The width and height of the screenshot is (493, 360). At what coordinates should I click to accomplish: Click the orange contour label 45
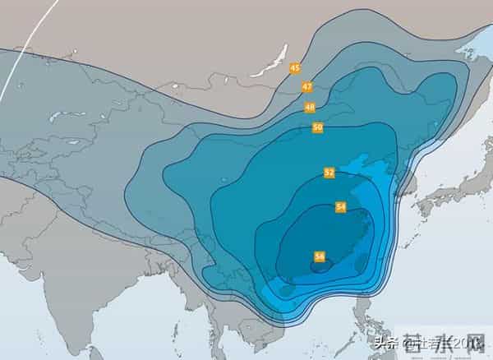295,68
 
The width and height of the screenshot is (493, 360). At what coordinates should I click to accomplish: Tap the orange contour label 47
306,86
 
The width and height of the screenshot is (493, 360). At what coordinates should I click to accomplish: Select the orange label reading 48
310,108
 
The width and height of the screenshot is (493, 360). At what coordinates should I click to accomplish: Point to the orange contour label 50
317,127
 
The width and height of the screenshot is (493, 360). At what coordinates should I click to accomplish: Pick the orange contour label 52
329,173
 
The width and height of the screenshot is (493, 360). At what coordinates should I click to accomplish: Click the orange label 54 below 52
340,207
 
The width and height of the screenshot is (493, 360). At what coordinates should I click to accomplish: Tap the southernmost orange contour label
319,256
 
